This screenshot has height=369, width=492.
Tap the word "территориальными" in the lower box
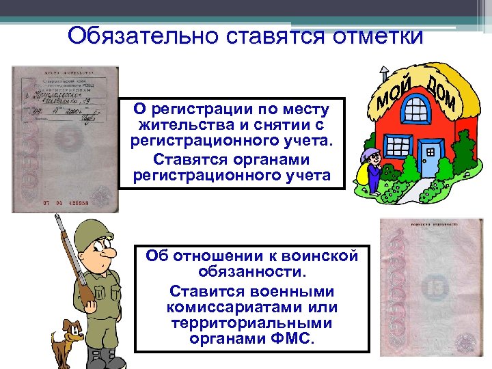(x=252, y=323)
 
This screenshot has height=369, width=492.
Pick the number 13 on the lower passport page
(x=436, y=288)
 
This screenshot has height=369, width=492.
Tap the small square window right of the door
(x=430, y=151)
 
